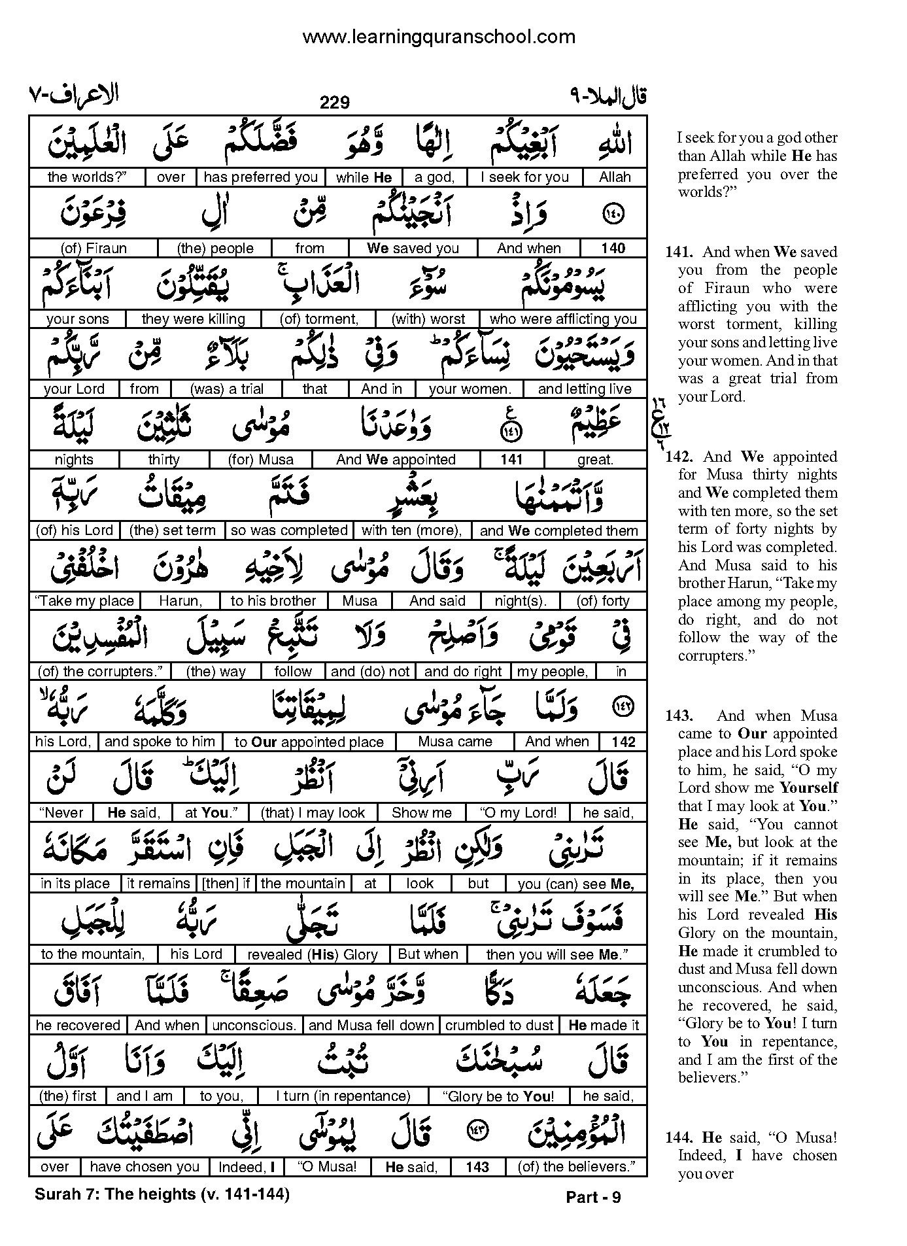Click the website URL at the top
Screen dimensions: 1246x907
(x=439, y=37)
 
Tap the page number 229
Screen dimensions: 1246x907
(x=334, y=103)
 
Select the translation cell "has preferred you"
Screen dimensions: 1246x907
(x=260, y=177)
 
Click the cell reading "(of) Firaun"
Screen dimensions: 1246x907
(x=94, y=249)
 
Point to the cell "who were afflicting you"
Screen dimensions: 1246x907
(x=563, y=319)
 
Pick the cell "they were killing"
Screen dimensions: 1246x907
(x=193, y=319)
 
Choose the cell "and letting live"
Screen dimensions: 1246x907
(x=584, y=389)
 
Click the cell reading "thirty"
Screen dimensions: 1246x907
(x=163, y=460)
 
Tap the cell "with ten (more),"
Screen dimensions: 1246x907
(x=411, y=530)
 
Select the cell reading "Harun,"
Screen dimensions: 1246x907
(x=180, y=601)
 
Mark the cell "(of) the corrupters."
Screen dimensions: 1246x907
(x=98, y=672)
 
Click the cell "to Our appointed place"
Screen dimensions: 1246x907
(x=309, y=742)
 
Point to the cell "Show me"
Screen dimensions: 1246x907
(x=421, y=813)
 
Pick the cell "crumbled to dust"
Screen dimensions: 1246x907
(x=500, y=1026)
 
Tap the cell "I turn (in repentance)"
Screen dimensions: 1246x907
(x=343, y=1096)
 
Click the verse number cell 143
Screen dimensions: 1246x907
(x=477, y=1167)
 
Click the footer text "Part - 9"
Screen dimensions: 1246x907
(x=593, y=1197)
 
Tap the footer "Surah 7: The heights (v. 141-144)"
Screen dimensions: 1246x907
(x=162, y=1194)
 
